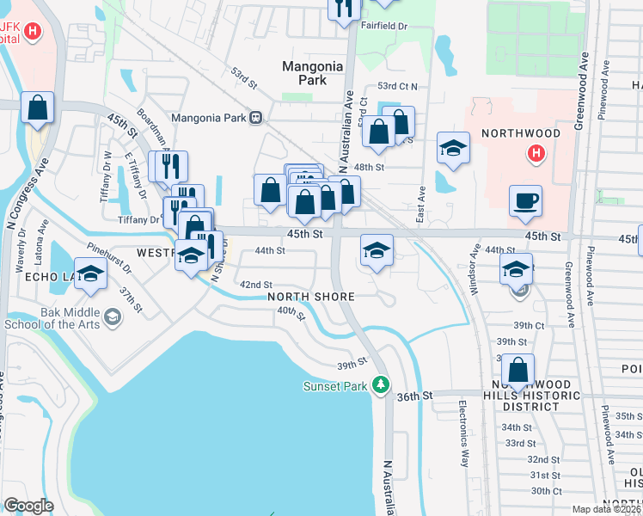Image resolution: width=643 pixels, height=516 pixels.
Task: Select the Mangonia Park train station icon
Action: pyautogui.click(x=255, y=118)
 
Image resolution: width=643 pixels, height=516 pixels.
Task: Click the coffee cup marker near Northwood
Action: pyautogui.click(x=525, y=201)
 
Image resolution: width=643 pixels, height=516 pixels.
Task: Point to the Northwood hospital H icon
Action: pyautogui.click(x=536, y=154)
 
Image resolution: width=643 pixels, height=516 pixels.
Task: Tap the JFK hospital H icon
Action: pyautogui.click(x=32, y=32)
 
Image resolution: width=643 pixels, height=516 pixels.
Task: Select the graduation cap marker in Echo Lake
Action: pyautogui.click(x=90, y=274)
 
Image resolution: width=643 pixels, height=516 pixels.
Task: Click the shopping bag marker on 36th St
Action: pyautogui.click(x=517, y=370)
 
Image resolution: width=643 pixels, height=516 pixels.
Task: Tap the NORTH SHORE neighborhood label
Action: pyautogui.click(x=311, y=297)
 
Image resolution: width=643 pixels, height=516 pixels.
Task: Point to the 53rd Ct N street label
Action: pyautogui.click(x=398, y=87)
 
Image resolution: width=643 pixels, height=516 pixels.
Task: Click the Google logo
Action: pyautogui.click(x=28, y=506)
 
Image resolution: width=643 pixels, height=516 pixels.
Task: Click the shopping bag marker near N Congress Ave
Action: pyautogui.click(x=38, y=107)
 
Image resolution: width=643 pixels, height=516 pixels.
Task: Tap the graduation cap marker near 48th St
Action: pyautogui.click(x=453, y=148)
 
